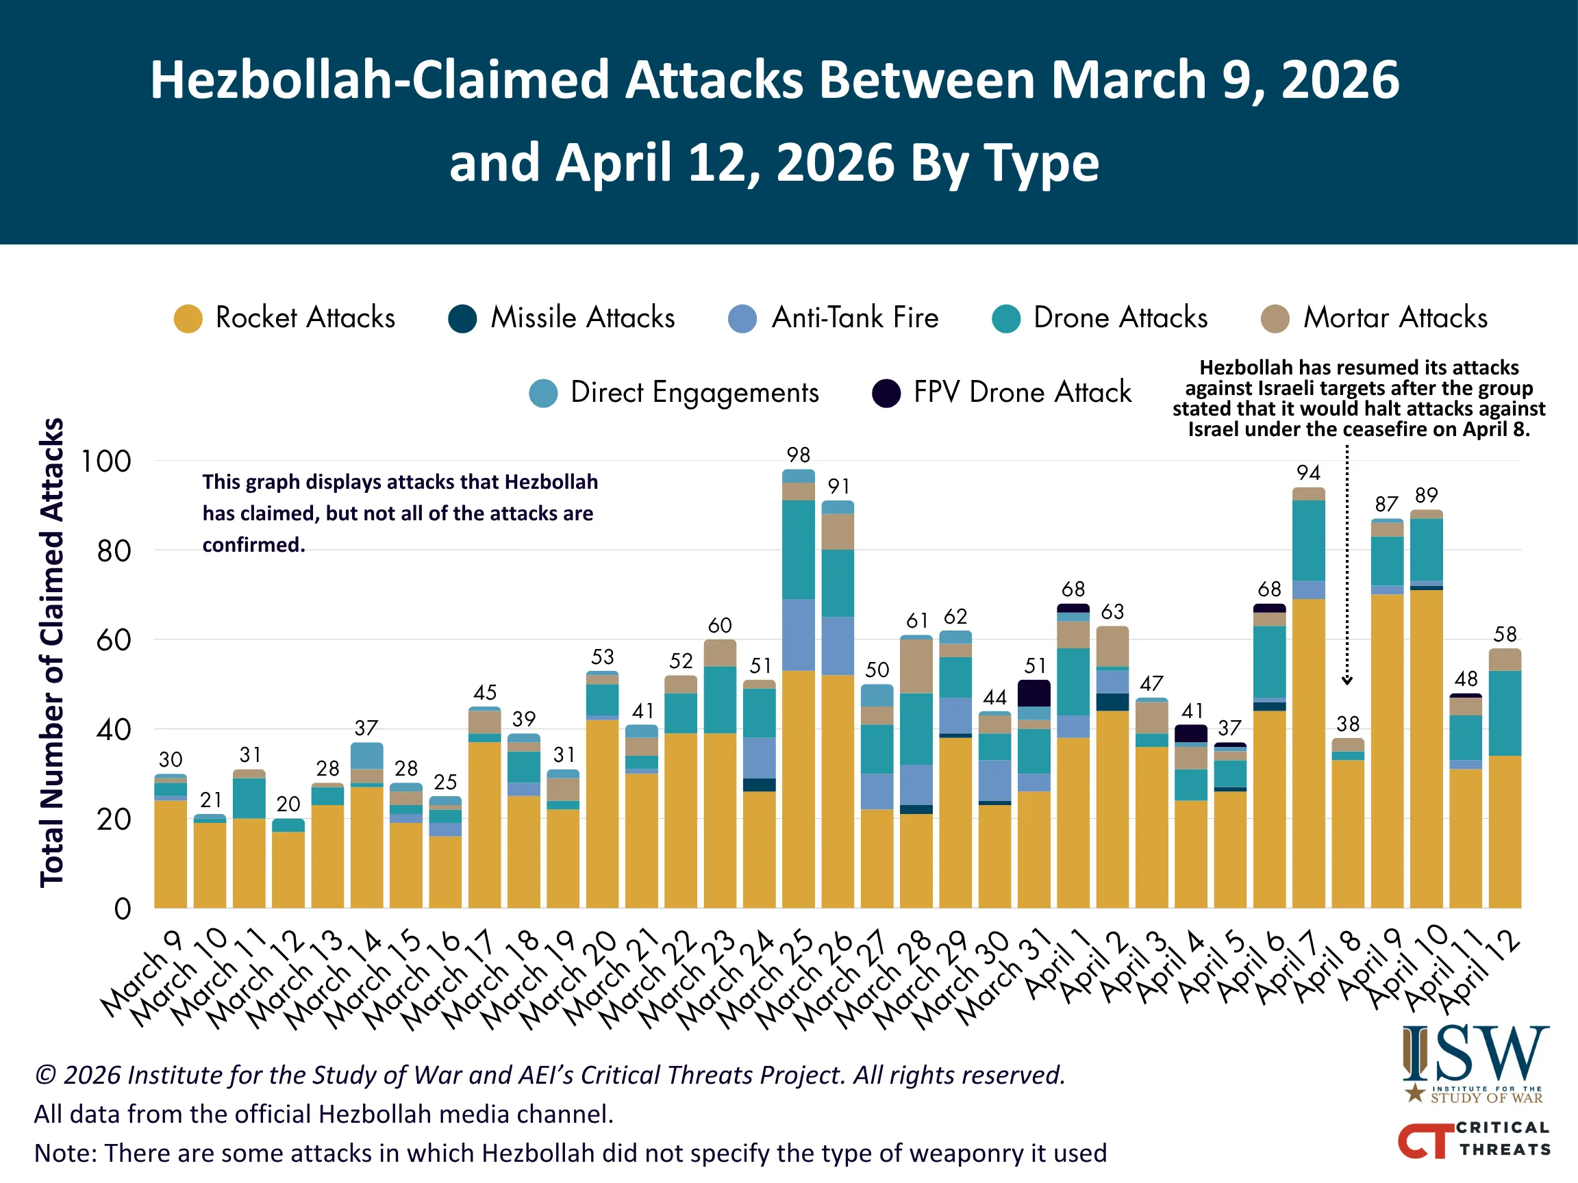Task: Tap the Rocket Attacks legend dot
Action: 188,319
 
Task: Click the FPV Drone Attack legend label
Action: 1022,393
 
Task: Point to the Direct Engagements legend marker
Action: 543,394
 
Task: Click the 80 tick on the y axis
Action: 114,551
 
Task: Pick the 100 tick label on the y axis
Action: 106,462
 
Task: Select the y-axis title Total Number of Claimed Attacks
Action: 52,652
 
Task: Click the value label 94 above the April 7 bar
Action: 1307,473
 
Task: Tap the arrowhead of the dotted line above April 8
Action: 1347,681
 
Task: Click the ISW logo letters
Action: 1475,1053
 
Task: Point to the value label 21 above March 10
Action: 210,800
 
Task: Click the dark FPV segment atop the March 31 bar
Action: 1034,693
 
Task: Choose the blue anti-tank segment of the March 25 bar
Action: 799,634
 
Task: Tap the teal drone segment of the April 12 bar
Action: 1505,713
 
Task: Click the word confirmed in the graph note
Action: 253,545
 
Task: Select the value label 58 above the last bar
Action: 1505,634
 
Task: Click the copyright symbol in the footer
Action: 46,1076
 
